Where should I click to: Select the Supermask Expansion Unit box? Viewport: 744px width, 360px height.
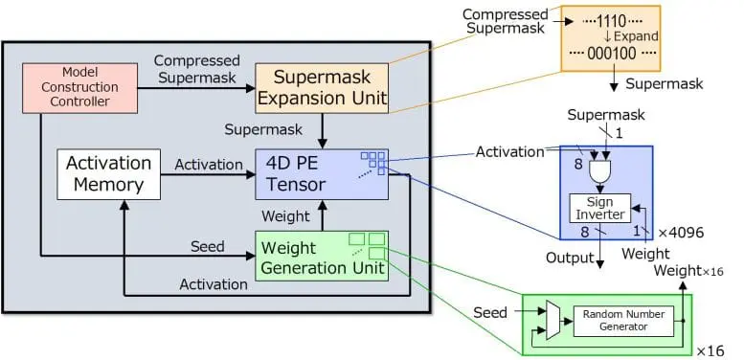(321, 87)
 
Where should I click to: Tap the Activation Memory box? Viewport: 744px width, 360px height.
(108, 173)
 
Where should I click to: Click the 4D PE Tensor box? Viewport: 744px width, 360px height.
(321, 173)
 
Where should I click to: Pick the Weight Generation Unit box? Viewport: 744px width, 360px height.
(321, 257)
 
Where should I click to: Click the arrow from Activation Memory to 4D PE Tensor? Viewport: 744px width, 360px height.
(207, 174)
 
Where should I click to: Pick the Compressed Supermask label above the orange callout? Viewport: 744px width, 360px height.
(505, 22)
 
